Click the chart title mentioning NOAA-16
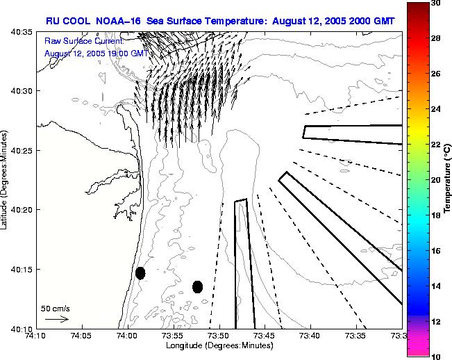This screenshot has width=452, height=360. tap(220, 22)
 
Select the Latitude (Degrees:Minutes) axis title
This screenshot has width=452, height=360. tap(6, 180)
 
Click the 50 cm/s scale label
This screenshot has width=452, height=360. tap(56, 308)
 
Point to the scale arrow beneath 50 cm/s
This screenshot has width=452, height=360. tap(56, 319)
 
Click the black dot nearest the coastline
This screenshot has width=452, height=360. tap(140, 273)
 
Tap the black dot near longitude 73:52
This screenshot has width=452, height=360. tap(197, 286)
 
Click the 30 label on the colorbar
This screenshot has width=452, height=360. tap(435, 3)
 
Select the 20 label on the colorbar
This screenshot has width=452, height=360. tap(435, 180)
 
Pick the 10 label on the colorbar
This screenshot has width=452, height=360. tap(435, 356)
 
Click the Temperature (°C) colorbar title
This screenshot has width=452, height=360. tap(449, 180)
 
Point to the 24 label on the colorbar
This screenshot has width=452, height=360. tap(435, 109)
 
